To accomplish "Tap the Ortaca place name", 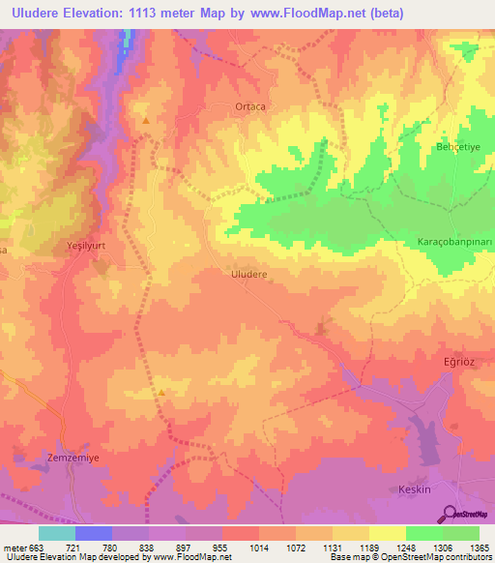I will click(x=249, y=106).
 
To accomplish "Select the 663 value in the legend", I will click(x=36, y=547).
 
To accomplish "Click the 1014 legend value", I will click(x=258, y=547).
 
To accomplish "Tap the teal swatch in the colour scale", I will click(x=57, y=533).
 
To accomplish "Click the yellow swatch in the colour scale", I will click(x=387, y=533).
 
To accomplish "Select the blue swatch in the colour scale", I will click(x=94, y=533).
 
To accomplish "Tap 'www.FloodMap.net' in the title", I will click(x=306, y=14).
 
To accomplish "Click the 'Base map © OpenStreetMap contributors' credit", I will click(x=409, y=558).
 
